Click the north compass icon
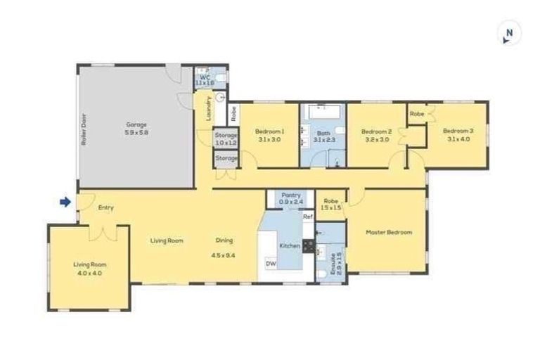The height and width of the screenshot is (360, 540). [510, 33]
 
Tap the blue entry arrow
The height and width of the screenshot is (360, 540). [65, 202]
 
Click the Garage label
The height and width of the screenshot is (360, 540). [136, 124]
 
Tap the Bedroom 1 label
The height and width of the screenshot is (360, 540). [269, 131]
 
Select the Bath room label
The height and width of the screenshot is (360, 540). [323, 132]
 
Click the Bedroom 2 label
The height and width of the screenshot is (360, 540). [375, 131]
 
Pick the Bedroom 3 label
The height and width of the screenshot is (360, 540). [458, 131]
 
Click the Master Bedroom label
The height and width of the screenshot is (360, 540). [389, 232]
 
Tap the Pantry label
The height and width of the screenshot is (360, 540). [291, 195]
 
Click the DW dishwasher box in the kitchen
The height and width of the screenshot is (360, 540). [270, 263]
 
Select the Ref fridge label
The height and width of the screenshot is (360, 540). [307, 217]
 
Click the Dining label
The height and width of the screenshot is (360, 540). [224, 240]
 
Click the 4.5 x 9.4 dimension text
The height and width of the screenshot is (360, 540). [224, 255]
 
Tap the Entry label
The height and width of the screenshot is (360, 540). [105, 207]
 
